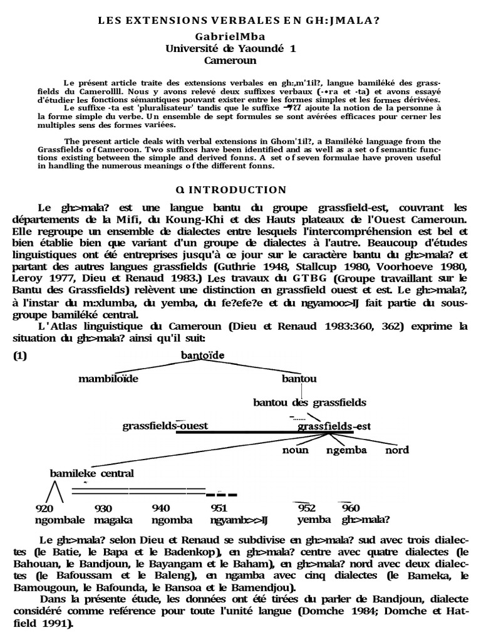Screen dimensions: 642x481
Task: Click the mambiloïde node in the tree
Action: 108,379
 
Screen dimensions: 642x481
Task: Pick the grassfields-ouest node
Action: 165,426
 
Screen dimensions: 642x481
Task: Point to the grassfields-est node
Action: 334,426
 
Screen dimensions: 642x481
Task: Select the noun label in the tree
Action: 296,450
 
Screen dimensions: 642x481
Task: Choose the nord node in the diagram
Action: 396,450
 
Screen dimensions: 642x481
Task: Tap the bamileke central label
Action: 92,473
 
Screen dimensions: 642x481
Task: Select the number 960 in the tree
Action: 351,508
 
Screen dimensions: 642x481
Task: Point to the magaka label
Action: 111,520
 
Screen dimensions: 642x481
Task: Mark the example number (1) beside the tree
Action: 21,355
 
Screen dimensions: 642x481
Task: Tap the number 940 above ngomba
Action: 161,508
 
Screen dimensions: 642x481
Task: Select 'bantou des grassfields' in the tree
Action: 309,402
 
